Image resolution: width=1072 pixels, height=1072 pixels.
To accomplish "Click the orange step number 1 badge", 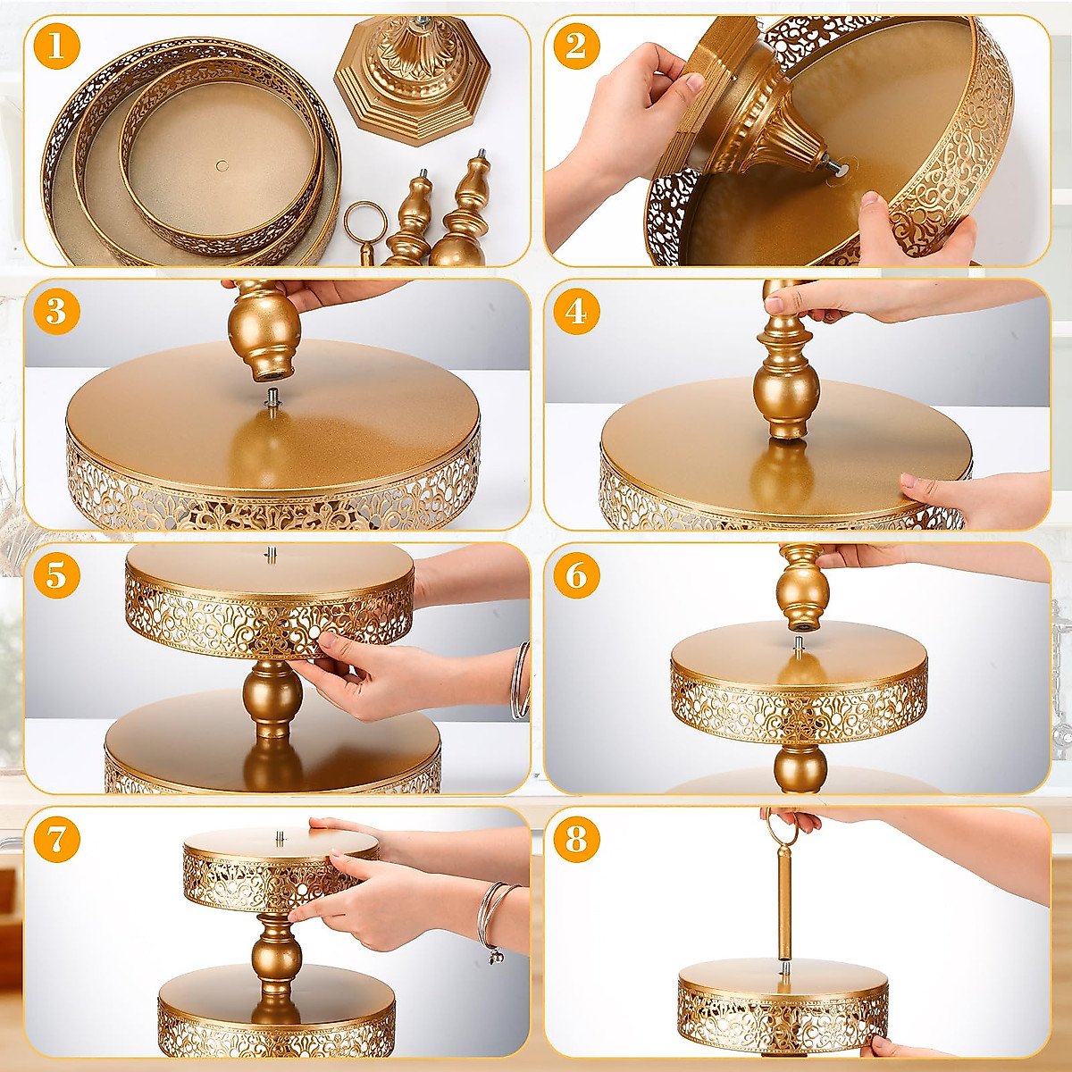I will click(56, 46).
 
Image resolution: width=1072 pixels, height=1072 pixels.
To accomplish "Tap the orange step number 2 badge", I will click(576, 46).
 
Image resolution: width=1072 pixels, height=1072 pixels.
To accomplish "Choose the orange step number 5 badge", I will click(56, 575).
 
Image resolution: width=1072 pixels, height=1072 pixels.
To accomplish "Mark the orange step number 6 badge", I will click(576, 575).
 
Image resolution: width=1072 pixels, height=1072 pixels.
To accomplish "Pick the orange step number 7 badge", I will click(56, 840).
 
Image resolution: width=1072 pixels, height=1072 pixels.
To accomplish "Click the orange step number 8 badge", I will click(576, 840).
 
